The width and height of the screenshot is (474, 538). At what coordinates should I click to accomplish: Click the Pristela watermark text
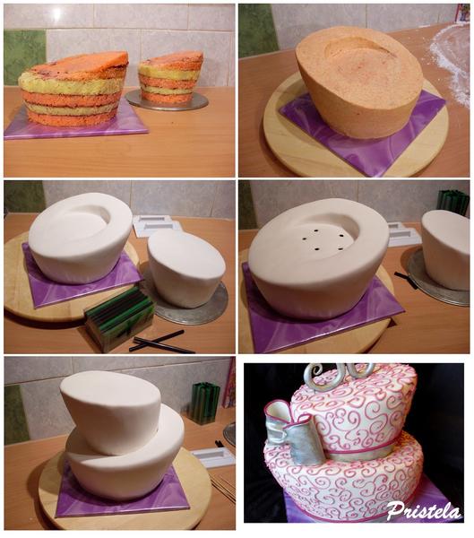click(x=424, y=511)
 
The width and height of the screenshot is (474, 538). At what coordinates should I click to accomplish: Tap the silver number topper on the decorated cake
click(x=339, y=375)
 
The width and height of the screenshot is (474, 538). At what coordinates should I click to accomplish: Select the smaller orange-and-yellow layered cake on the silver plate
click(x=169, y=76)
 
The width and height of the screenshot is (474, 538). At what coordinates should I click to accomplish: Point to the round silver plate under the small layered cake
click(x=167, y=100)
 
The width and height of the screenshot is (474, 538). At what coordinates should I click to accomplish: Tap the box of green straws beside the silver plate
click(x=118, y=317)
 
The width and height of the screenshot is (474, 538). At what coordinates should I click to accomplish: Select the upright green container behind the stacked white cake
click(x=205, y=403)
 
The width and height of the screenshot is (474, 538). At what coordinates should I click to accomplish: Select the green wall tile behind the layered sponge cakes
click(x=25, y=57)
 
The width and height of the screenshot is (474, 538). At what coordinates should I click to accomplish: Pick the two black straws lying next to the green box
click(x=161, y=343)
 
